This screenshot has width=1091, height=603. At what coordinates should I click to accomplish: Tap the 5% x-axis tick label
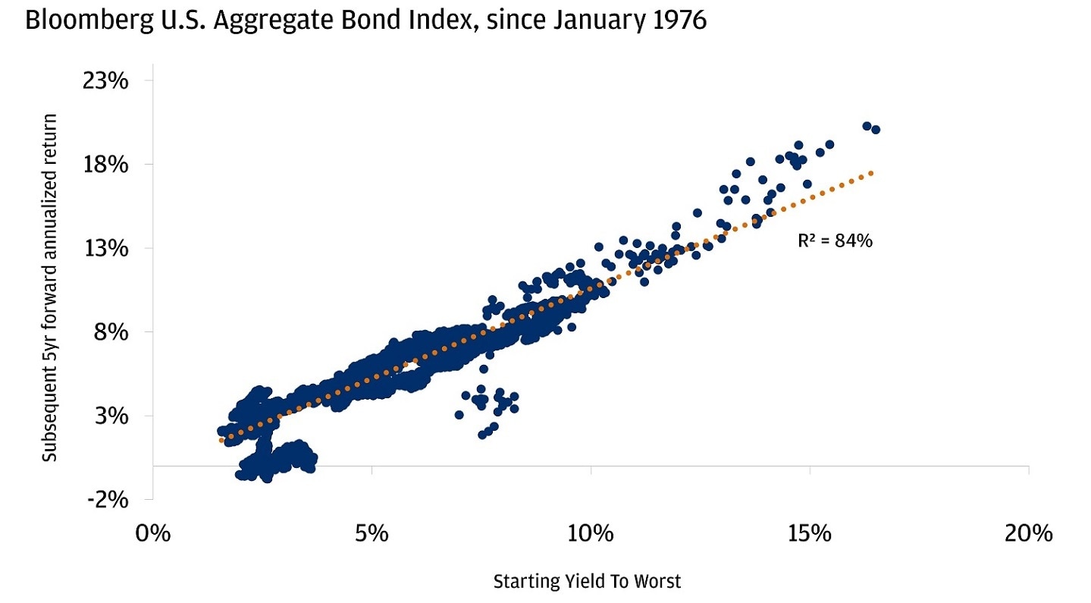[372, 533]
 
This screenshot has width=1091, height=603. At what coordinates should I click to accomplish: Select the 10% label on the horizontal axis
[591, 533]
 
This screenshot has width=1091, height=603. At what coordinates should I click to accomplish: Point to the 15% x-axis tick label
[810, 533]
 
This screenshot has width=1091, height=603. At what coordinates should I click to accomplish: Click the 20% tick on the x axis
[1028, 533]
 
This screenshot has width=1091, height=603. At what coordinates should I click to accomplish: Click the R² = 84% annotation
[835, 241]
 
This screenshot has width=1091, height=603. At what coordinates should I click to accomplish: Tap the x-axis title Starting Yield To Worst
[587, 582]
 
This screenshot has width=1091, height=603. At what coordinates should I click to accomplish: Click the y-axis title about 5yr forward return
[50, 288]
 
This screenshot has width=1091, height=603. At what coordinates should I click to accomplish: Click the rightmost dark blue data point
[876, 130]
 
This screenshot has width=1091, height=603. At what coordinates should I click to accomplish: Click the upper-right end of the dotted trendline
[873, 173]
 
